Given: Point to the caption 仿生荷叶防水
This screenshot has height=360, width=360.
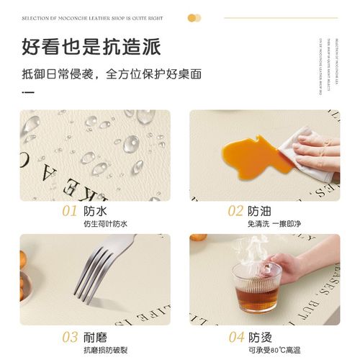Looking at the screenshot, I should (104, 225).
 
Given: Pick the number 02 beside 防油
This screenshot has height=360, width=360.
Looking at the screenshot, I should (235, 211).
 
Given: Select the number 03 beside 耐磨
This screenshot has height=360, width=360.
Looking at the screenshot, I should (69, 336).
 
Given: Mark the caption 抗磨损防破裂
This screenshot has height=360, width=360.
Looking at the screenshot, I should (105, 350).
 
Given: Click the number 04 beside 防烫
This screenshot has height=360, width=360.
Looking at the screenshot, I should (236, 336).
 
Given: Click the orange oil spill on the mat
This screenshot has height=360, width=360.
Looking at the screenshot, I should (249, 151).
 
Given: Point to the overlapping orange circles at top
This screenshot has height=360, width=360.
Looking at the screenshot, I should (194, 18).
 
